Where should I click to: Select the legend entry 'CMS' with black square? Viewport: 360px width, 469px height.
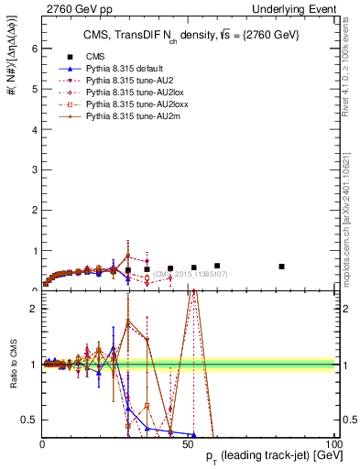[x=95, y=56]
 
